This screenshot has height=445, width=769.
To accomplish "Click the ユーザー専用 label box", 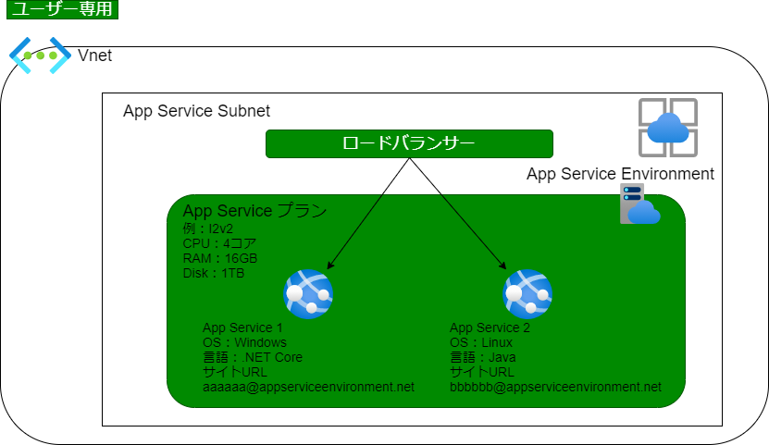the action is point(62,9).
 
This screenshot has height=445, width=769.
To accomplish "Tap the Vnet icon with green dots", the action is point(40,56).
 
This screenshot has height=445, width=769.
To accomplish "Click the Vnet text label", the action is point(94,56).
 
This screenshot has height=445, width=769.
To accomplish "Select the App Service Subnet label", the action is point(196,111).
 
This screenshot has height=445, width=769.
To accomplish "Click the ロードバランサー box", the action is point(409,143).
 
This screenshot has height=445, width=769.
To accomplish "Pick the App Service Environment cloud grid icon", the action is point(668,128).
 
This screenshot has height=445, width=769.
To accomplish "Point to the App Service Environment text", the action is point(620,174).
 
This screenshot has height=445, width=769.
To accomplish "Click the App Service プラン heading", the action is point(254,211).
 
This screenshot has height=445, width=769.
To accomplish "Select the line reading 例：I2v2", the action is point(208,229).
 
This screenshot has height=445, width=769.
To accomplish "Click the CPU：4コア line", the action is point(219,243).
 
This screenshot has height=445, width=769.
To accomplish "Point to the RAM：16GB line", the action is point(219,258).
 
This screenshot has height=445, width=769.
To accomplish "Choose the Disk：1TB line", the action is point(214,273).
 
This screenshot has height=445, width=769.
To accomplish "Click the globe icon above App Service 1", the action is point(308,294).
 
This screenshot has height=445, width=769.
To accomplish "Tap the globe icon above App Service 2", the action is point(527,294).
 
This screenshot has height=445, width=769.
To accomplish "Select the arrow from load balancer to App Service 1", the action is point(367,214).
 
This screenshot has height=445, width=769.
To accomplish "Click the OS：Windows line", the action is point(244,342).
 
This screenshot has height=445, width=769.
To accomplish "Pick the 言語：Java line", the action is point(482,357).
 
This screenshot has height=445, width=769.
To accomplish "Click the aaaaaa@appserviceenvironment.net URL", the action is point(308,387).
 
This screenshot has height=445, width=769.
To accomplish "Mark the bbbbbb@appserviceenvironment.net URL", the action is point(555,387).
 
